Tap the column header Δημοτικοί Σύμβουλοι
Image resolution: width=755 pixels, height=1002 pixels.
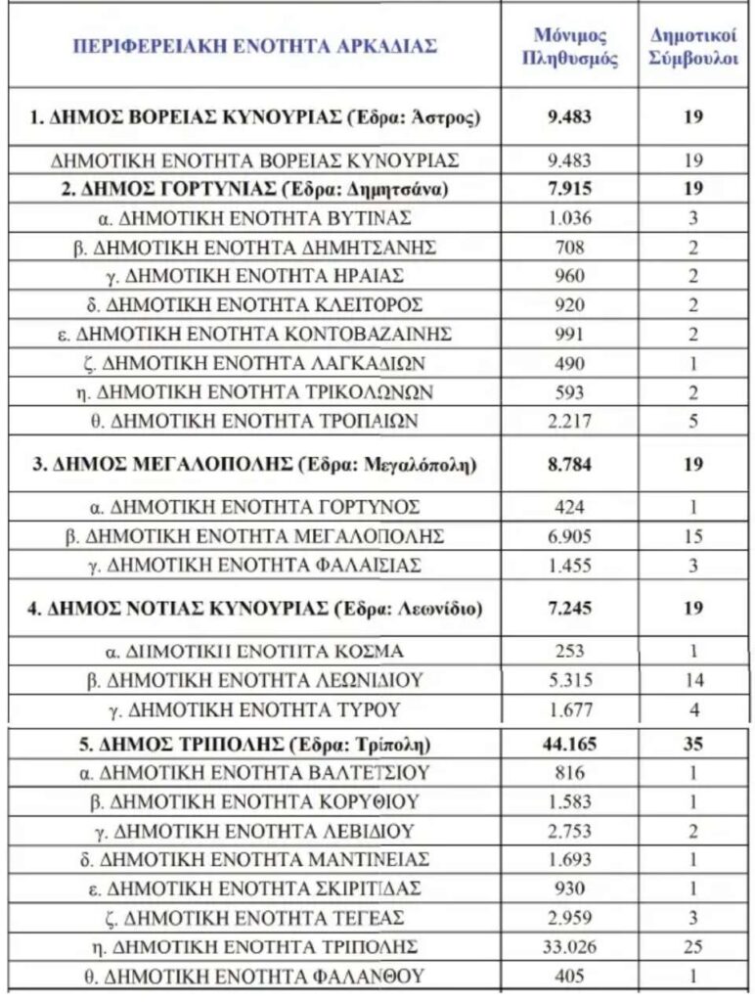coord(693,46)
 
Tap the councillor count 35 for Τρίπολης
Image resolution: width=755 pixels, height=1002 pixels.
coord(693,744)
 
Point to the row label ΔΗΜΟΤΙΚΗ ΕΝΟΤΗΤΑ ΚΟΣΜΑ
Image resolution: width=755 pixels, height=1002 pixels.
coord(255,651)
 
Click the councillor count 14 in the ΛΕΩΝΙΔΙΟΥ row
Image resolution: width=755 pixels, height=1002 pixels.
coord(693,680)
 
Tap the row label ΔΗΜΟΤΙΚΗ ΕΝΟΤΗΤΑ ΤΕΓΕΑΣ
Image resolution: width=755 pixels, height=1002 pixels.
coord(255,918)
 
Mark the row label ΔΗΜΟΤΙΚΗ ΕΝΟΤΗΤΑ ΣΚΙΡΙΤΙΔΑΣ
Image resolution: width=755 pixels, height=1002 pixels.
coord(255,888)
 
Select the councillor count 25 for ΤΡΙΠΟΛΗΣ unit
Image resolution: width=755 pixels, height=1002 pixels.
coord(693,946)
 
